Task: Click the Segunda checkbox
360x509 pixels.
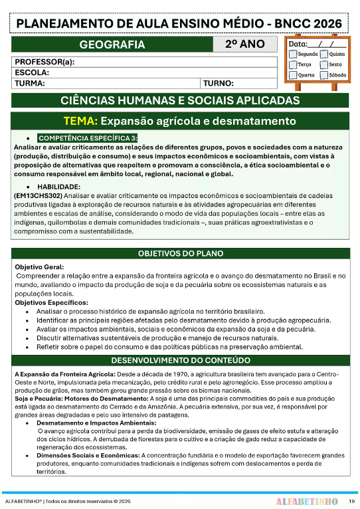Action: (x=293, y=54)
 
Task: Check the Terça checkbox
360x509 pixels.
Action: (x=293, y=65)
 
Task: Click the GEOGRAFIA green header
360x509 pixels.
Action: (x=112, y=45)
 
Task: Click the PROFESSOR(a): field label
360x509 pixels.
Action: (x=45, y=62)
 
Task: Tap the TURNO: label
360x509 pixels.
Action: (x=219, y=84)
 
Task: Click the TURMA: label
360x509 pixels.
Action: (x=30, y=84)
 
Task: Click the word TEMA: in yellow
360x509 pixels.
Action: (x=80, y=122)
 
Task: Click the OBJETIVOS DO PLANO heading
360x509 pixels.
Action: (x=180, y=254)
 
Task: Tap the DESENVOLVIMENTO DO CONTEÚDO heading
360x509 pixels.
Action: (x=180, y=361)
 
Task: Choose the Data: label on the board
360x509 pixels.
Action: (x=298, y=44)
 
